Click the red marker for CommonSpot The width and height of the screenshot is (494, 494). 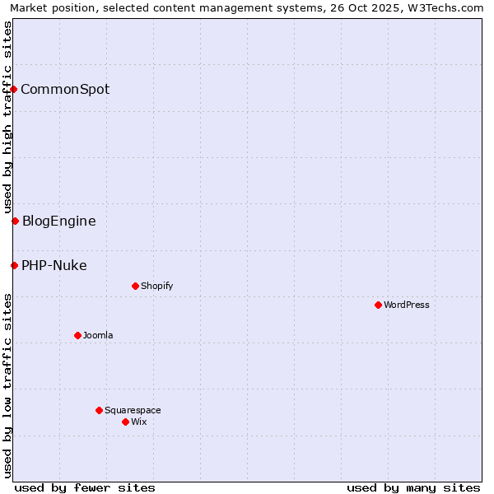point(14,89)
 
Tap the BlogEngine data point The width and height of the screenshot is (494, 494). point(15,221)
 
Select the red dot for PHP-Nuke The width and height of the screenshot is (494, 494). point(14,265)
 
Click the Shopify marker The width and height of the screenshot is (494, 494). point(135,286)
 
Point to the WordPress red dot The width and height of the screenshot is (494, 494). point(378,305)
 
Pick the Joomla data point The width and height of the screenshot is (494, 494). point(77,335)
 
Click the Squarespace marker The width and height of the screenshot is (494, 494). point(99,410)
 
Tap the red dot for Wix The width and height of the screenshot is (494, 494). point(125,422)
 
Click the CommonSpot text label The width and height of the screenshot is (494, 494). point(65,89)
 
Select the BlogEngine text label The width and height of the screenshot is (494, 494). point(58,221)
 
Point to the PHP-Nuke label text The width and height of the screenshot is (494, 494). point(54,265)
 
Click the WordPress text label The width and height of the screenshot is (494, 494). point(407,305)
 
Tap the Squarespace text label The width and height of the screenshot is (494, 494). point(133,410)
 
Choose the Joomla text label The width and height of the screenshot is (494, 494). point(98,335)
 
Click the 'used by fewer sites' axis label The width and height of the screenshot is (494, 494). point(85,487)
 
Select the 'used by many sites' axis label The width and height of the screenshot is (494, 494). point(413,487)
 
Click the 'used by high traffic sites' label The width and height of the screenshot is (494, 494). point(8,118)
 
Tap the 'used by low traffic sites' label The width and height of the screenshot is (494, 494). point(8,385)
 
